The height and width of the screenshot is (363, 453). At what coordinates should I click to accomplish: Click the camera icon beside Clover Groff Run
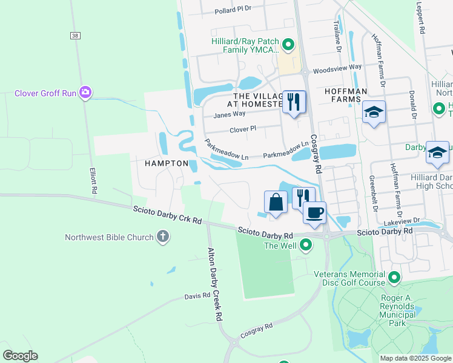pos(85,93)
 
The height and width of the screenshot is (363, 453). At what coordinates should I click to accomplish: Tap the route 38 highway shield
pos(75,36)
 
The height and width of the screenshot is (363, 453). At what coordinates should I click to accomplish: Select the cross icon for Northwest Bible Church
pos(162,237)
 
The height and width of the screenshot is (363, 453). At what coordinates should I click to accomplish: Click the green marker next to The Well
pos(306,245)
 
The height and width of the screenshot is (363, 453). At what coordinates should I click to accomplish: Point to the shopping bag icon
pos(276,203)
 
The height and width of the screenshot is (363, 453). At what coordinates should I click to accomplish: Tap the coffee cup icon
pos(315,213)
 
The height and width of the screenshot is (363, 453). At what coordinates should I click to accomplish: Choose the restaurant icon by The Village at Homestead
pos(294,102)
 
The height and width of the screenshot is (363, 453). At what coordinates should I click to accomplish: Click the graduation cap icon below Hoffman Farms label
pos(374,113)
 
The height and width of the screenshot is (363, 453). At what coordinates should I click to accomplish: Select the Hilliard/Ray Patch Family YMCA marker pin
pos(289,44)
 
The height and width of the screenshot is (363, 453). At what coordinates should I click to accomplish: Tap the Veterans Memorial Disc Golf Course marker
pos(395,278)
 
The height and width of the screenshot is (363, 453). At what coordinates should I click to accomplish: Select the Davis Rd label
pos(197,296)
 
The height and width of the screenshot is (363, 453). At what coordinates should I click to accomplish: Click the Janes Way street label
pos(230,114)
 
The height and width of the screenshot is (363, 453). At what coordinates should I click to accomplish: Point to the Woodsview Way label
pos(337,67)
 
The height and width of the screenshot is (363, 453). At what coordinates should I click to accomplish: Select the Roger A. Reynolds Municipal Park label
pos(398,306)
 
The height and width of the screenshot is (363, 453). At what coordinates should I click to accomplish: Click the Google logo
pos(20,356)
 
